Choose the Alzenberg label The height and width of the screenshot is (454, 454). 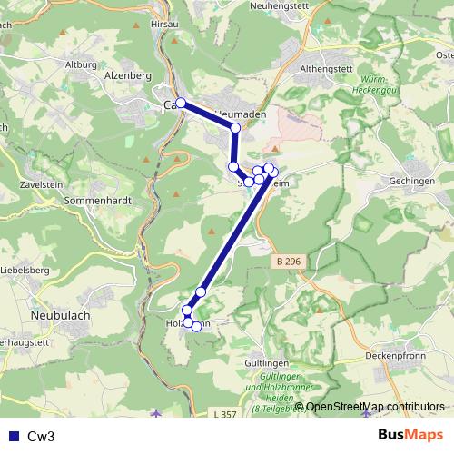click(x=128, y=76)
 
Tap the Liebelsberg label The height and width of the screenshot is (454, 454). click(x=25, y=271)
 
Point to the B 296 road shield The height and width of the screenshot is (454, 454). click(x=286, y=262)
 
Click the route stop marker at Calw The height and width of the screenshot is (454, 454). click(x=181, y=103)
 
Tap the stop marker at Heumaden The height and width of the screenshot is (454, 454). click(x=235, y=128)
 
